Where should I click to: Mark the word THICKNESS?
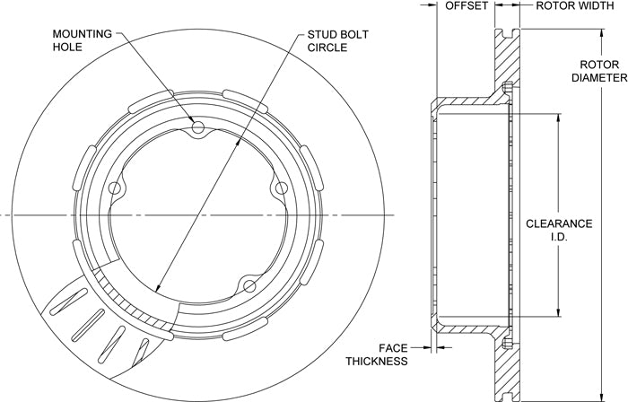pyautogui.click(x=377, y=361)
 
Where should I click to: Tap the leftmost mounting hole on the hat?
pyautogui.click(x=115, y=189)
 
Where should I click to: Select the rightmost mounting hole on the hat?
pyautogui.click(x=281, y=188)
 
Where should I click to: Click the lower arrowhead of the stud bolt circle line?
pyautogui.click(x=156, y=291)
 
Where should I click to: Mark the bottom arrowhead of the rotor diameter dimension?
pyautogui.click(x=601, y=398)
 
